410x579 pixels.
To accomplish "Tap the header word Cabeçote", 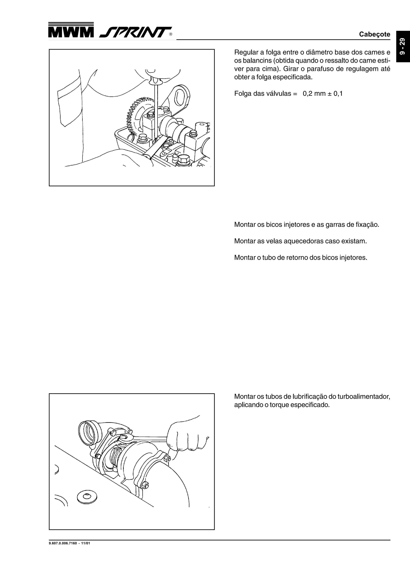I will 374,34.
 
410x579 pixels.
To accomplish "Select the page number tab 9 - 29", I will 403,46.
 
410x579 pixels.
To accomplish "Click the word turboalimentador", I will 364,397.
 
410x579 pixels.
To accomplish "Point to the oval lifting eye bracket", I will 181,97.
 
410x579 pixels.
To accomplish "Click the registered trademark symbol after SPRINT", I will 171,35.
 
